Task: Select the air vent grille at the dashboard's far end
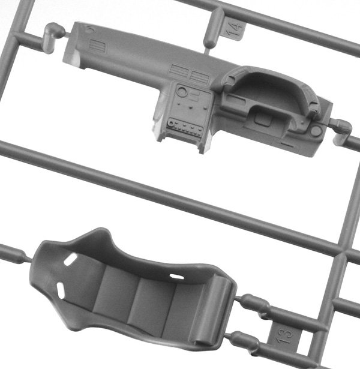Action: [97, 46]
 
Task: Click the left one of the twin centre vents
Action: [179, 71]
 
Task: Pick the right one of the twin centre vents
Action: [200, 76]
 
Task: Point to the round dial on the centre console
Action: [182, 91]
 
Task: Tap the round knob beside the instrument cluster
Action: [316, 131]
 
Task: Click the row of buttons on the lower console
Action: [185, 127]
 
